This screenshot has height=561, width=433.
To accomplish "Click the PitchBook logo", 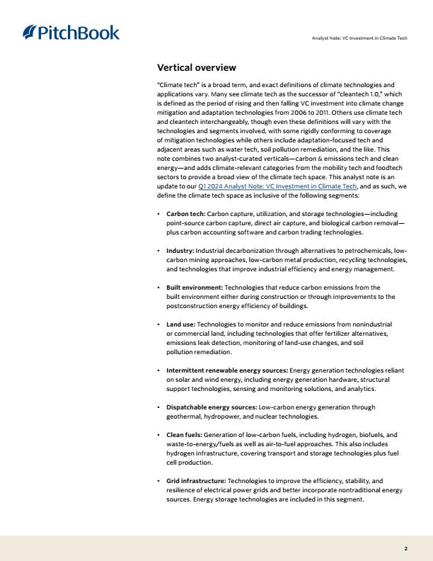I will [71, 33].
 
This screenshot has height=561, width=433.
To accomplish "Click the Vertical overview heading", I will [196, 68].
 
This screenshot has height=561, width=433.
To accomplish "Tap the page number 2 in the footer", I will [405, 548].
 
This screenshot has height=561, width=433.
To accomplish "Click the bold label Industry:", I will [180, 251].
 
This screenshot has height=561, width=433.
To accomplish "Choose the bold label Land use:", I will [180, 324].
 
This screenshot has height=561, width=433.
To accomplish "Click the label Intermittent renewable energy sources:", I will [227, 370].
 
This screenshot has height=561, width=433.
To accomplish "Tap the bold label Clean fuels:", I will [184, 434].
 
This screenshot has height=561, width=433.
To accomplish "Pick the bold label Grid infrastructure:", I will [195, 481].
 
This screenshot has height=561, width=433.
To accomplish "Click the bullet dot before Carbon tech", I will [158, 214].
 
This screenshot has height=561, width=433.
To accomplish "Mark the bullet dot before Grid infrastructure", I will [158, 481].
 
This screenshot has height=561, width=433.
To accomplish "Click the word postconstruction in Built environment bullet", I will [192, 306].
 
